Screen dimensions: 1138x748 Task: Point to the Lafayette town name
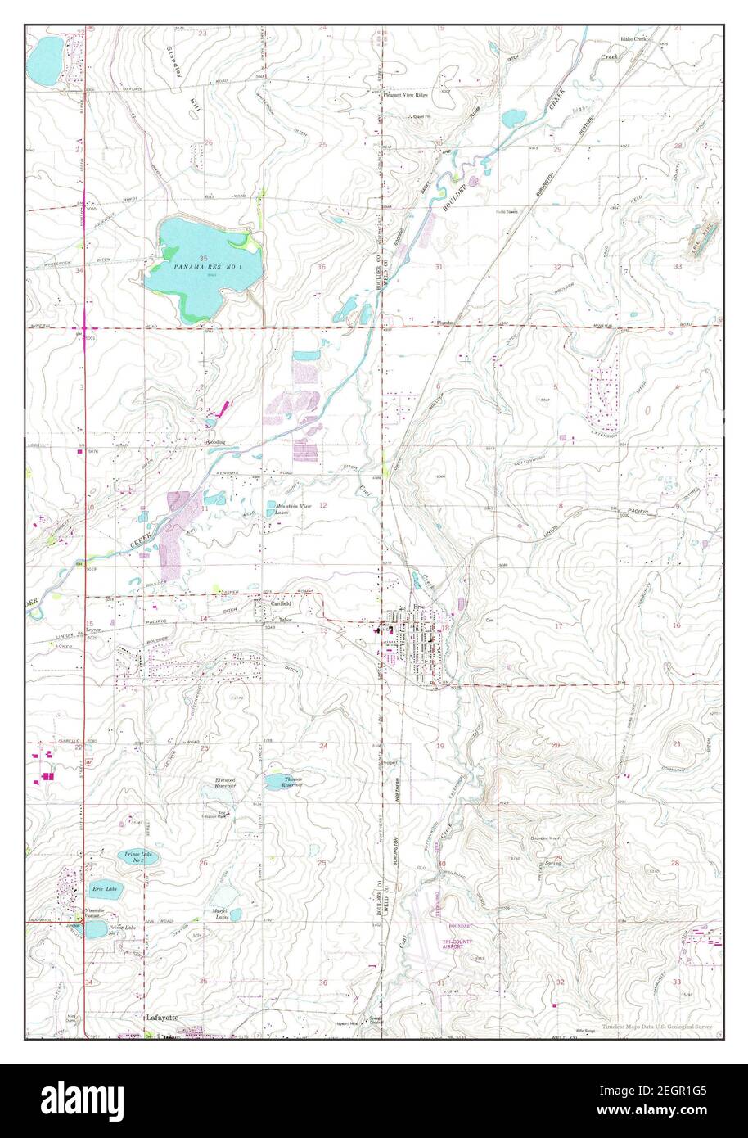(x=161, y=1019)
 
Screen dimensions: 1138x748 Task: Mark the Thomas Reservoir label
(x=292, y=782)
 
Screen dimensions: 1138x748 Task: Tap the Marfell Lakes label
(x=220, y=913)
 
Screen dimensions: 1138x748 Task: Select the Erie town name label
(x=420, y=607)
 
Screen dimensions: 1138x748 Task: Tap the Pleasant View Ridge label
(x=407, y=95)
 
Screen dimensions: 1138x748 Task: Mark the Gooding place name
(x=216, y=442)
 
